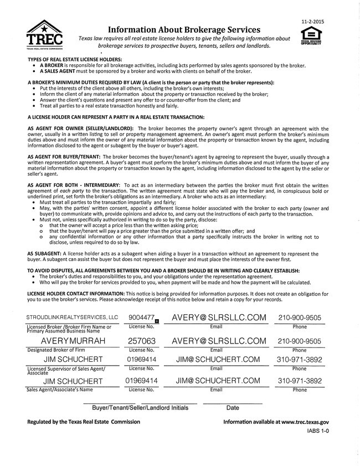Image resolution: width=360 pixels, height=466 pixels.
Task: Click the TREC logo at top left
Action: (x=45, y=35)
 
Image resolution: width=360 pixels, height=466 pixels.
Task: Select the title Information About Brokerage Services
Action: (x=183, y=29)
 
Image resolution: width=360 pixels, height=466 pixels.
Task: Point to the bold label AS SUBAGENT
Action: (x=45, y=253)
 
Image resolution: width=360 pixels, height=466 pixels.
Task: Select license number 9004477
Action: (x=141, y=317)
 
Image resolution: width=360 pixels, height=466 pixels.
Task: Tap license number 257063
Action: (x=141, y=341)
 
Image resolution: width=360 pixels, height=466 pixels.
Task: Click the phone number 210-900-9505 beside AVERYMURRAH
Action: (x=299, y=341)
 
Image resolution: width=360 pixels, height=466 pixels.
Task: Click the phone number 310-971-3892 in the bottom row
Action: (x=299, y=381)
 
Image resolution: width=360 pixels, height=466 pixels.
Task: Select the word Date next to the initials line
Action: (x=233, y=408)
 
